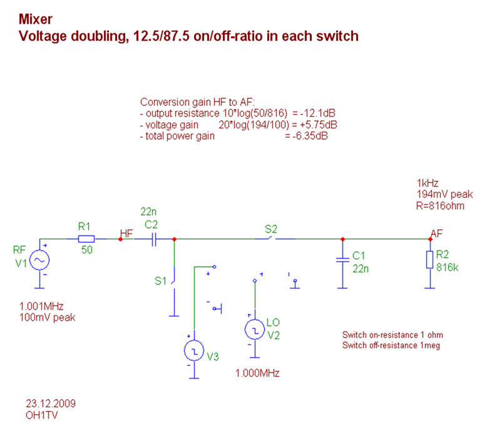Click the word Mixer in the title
(x=36, y=19)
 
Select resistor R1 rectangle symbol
(x=86, y=239)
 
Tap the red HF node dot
(x=120, y=239)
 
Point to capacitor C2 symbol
(x=153, y=239)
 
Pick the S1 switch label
(x=160, y=281)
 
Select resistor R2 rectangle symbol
(x=429, y=259)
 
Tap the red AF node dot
(x=430, y=239)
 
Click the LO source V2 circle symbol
(x=254, y=329)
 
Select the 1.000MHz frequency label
(x=257, y=373)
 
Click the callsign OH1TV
(x=41, y=414)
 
